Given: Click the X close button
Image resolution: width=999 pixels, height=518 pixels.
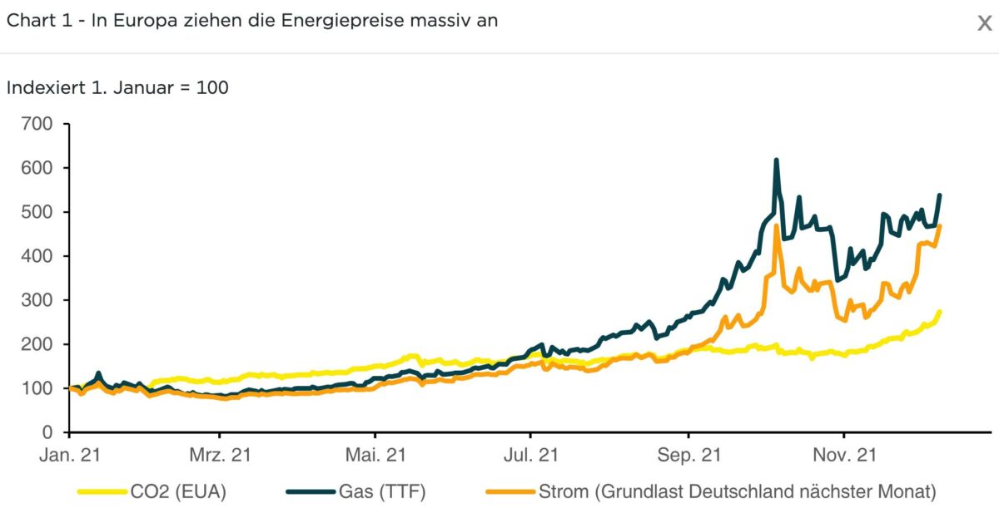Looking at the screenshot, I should point(984,22).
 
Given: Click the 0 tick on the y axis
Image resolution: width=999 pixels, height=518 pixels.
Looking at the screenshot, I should point(47,432).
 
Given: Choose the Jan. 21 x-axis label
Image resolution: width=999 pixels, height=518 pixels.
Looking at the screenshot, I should point(71,455).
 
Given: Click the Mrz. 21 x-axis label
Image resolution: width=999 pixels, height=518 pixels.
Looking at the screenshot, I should point(219,455).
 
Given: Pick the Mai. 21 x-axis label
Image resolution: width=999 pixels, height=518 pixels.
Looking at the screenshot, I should point(375,455).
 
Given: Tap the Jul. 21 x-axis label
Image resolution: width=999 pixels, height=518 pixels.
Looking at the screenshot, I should point(530,455).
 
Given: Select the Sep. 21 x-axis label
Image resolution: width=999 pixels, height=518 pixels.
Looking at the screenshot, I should point(688,455).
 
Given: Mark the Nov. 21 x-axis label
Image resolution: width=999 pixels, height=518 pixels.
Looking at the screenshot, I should point(844,455).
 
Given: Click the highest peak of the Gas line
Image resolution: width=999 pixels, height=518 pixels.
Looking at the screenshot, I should point(777,160).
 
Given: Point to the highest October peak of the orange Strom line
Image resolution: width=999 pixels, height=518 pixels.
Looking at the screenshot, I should point(777,225).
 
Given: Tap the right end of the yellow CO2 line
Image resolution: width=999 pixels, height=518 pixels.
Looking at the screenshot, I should point(940,312).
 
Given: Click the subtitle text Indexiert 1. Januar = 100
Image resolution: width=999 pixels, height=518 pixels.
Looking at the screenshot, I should point(117,87).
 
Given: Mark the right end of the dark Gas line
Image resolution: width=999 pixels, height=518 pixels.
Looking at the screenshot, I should point(940,195).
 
